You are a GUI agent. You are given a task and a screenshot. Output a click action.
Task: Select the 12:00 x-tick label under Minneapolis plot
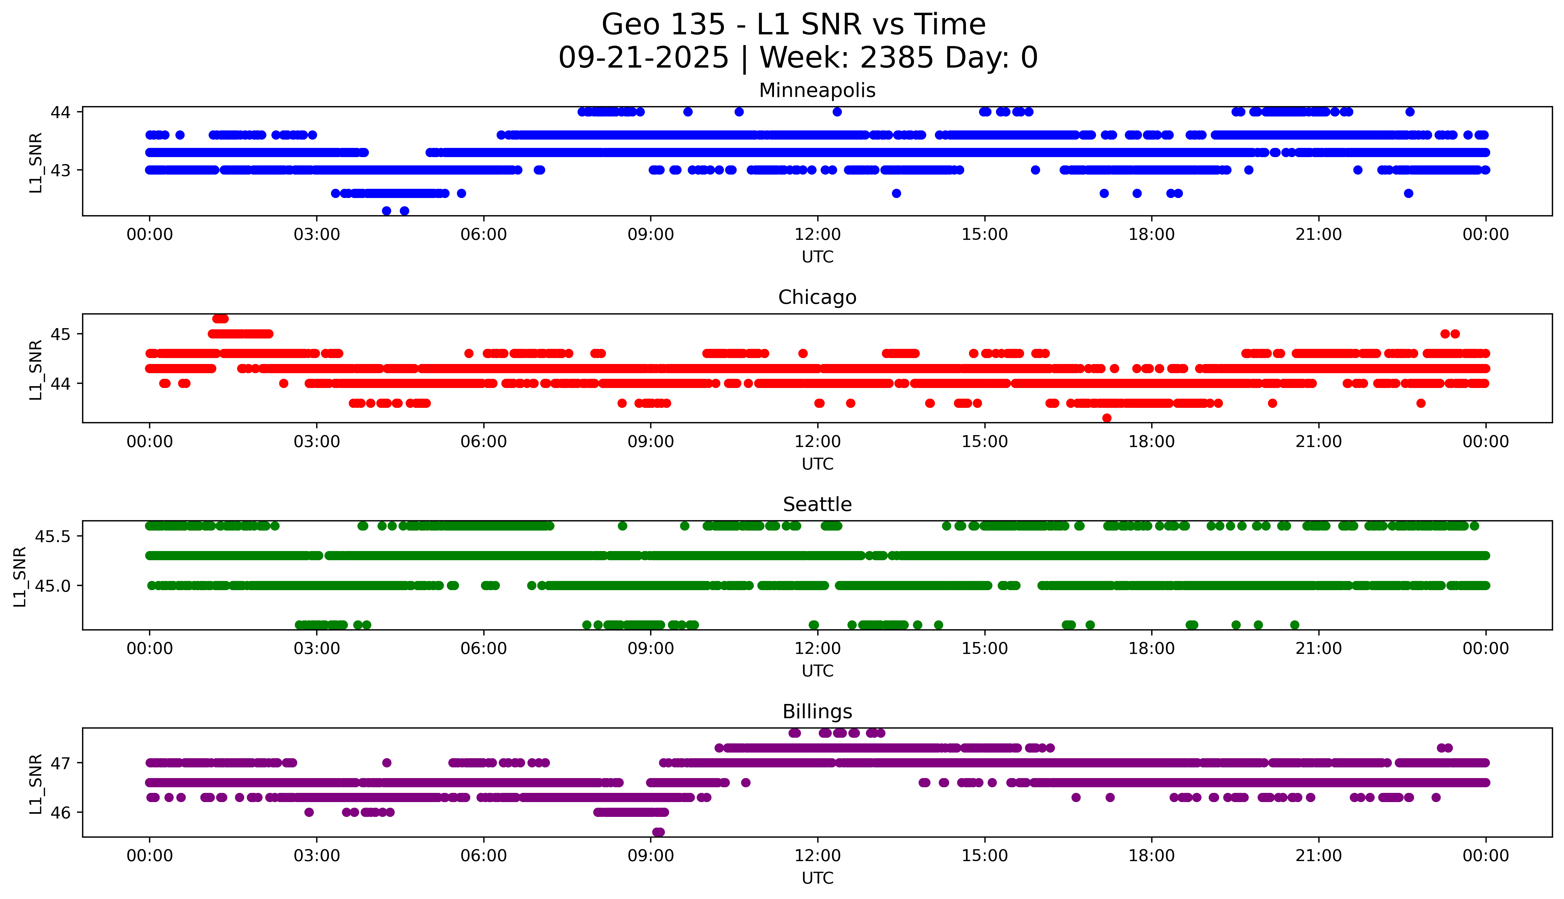817,235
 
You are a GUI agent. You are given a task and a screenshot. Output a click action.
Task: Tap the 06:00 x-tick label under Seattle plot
483,648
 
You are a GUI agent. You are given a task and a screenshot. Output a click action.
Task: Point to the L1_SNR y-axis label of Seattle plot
20,576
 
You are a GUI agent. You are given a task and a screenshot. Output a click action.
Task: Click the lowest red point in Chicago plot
1107,418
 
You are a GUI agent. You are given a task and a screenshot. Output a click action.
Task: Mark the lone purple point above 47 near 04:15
387,763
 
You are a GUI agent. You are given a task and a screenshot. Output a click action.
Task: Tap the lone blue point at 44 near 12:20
837,112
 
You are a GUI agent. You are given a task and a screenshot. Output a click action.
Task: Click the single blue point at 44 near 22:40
1410,112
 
